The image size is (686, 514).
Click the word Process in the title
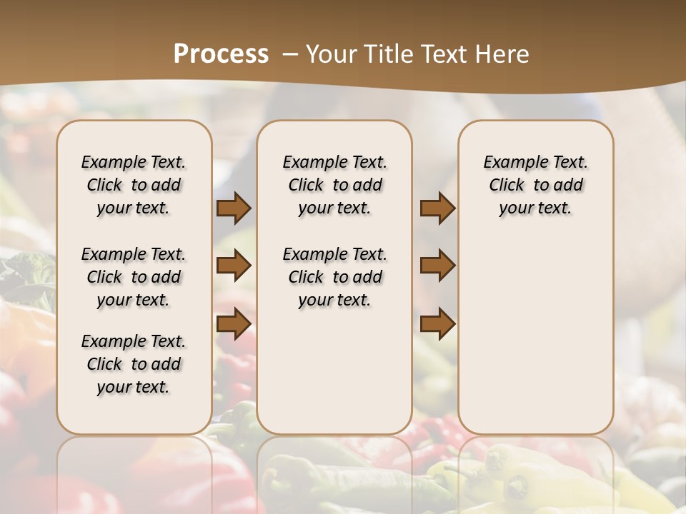point(221,54)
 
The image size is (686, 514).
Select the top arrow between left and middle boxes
point(234,208)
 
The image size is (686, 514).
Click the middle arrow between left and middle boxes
point(234,266)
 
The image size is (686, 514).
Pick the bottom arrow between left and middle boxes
point(234,325)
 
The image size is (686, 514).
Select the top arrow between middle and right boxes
point(437,208)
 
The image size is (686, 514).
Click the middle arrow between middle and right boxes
point(437,266)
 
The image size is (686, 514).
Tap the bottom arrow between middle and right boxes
point(437,325)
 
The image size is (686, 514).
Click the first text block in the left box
point(134,185)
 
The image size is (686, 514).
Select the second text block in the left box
point(134,277)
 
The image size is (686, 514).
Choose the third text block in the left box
point(134,364)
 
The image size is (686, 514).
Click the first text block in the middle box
point(335,185)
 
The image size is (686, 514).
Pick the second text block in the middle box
point(335,277)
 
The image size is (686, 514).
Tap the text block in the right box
point(536,185)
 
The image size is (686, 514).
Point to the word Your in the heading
point(330,54)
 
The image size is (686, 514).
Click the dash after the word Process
point(290,54)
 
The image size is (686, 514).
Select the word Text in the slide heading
point(444,54)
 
